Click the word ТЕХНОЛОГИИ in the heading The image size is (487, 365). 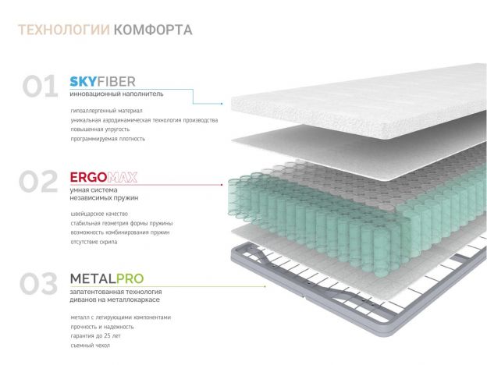[62, 31]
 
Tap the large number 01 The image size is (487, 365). [39, 86]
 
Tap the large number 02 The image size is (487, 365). [39, 182]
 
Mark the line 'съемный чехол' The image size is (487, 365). [90, 345]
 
